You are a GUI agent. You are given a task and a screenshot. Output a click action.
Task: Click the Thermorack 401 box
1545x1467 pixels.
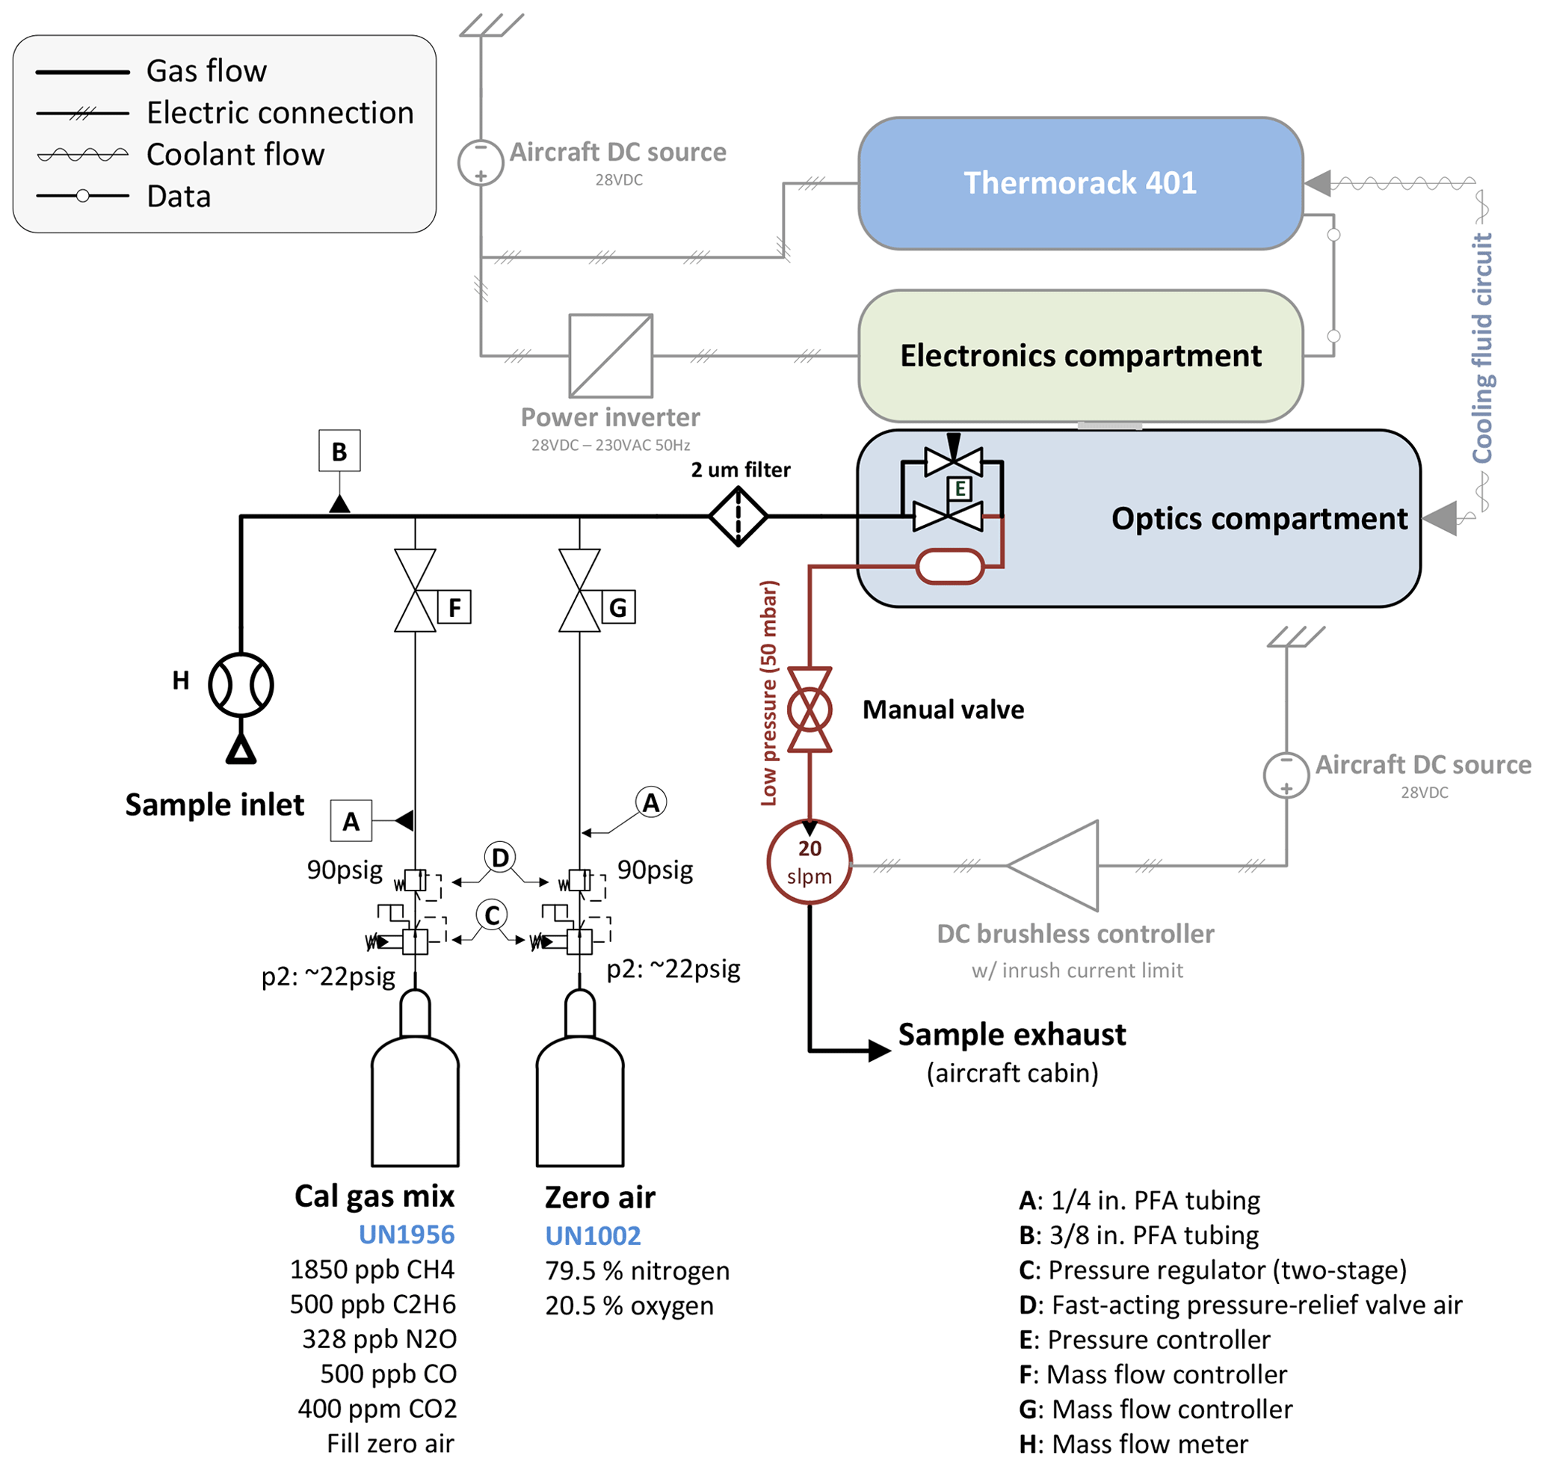click(1080, 183)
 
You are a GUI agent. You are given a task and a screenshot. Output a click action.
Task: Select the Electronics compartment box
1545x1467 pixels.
click(1080, 356)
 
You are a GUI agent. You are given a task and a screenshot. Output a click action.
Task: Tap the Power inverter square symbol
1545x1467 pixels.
click(610, 356)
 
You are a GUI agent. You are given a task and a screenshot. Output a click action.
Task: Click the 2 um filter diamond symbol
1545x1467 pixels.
click(737, 516)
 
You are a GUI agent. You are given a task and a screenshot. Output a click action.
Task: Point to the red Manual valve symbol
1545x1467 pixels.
click(809, 710)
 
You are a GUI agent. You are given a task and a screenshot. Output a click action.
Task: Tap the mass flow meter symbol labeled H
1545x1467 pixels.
click(241, 684)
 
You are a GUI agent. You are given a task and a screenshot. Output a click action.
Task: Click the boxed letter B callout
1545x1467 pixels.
click(339, 450)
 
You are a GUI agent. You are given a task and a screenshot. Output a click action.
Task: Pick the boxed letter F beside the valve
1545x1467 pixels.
click(454, 607)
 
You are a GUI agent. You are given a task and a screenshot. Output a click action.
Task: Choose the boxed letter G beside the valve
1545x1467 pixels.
click(617, 607)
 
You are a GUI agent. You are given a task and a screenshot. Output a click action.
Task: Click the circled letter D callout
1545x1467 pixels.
click(499, 857)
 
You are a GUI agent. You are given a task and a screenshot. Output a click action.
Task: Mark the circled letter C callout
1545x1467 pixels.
click(492, 914)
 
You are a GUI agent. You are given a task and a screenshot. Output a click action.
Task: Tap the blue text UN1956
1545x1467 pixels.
click(406, 1234)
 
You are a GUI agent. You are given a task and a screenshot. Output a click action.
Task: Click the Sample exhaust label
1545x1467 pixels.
click(1011, 1034)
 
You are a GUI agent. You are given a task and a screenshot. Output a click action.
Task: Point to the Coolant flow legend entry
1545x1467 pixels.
click(235, 154)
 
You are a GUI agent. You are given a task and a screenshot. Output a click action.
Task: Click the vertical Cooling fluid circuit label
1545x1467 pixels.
click(1481, 348)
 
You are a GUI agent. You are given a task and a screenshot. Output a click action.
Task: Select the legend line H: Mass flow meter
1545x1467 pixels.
click(1133, 1443)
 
